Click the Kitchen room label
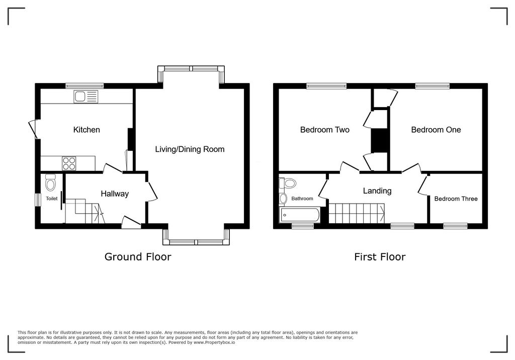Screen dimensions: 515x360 click(87, 130)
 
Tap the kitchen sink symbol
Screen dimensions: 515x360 click(85, 97)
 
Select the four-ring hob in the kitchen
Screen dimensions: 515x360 click(69, 163)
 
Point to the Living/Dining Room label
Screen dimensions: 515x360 click(190, 149)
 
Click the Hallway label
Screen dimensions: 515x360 click(115, 194)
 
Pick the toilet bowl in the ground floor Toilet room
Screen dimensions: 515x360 click(51, 183)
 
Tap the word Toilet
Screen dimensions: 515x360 click(52, 199)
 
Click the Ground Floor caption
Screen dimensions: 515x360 click(138, 257)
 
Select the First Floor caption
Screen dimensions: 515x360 click(380, 257)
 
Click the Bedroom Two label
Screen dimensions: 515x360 click(325, 130)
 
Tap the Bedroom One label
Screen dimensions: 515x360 click(436, 130)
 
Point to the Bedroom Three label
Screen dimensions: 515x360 click(456, 199)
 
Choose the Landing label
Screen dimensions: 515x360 click(377, 191)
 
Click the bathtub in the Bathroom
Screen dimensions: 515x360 click(300, 215)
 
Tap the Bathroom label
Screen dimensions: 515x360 click(302, 199)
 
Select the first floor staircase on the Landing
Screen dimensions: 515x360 click(357, 213)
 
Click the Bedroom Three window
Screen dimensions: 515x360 click(455, 226)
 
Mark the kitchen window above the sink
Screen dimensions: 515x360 click(84, 86)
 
